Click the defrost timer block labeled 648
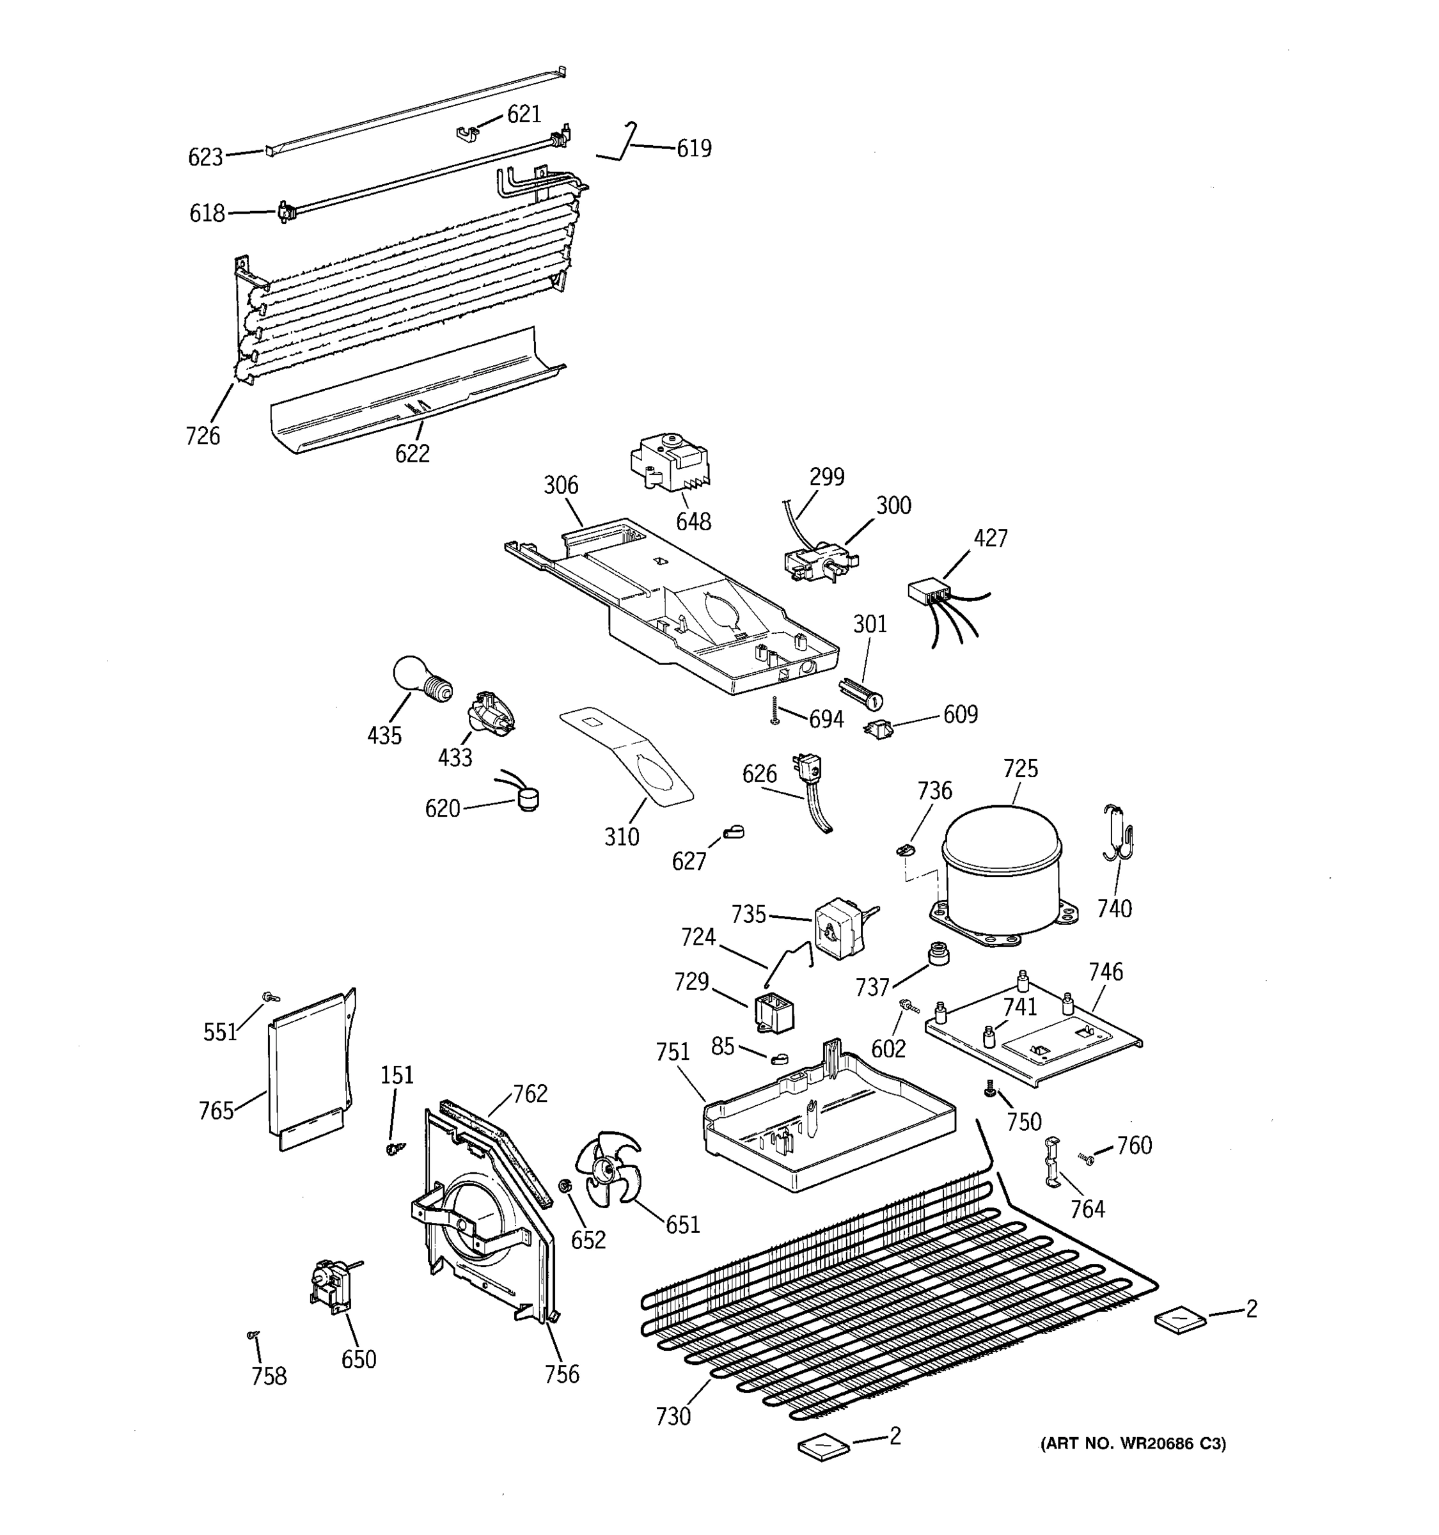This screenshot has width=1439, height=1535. coord(670,465)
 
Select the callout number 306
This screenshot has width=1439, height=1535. coord(560,485)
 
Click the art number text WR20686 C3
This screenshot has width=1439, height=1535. coord(1133,1443)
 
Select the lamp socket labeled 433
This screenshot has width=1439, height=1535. coord(489,712)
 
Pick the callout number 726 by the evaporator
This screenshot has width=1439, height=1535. coord(202,436)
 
